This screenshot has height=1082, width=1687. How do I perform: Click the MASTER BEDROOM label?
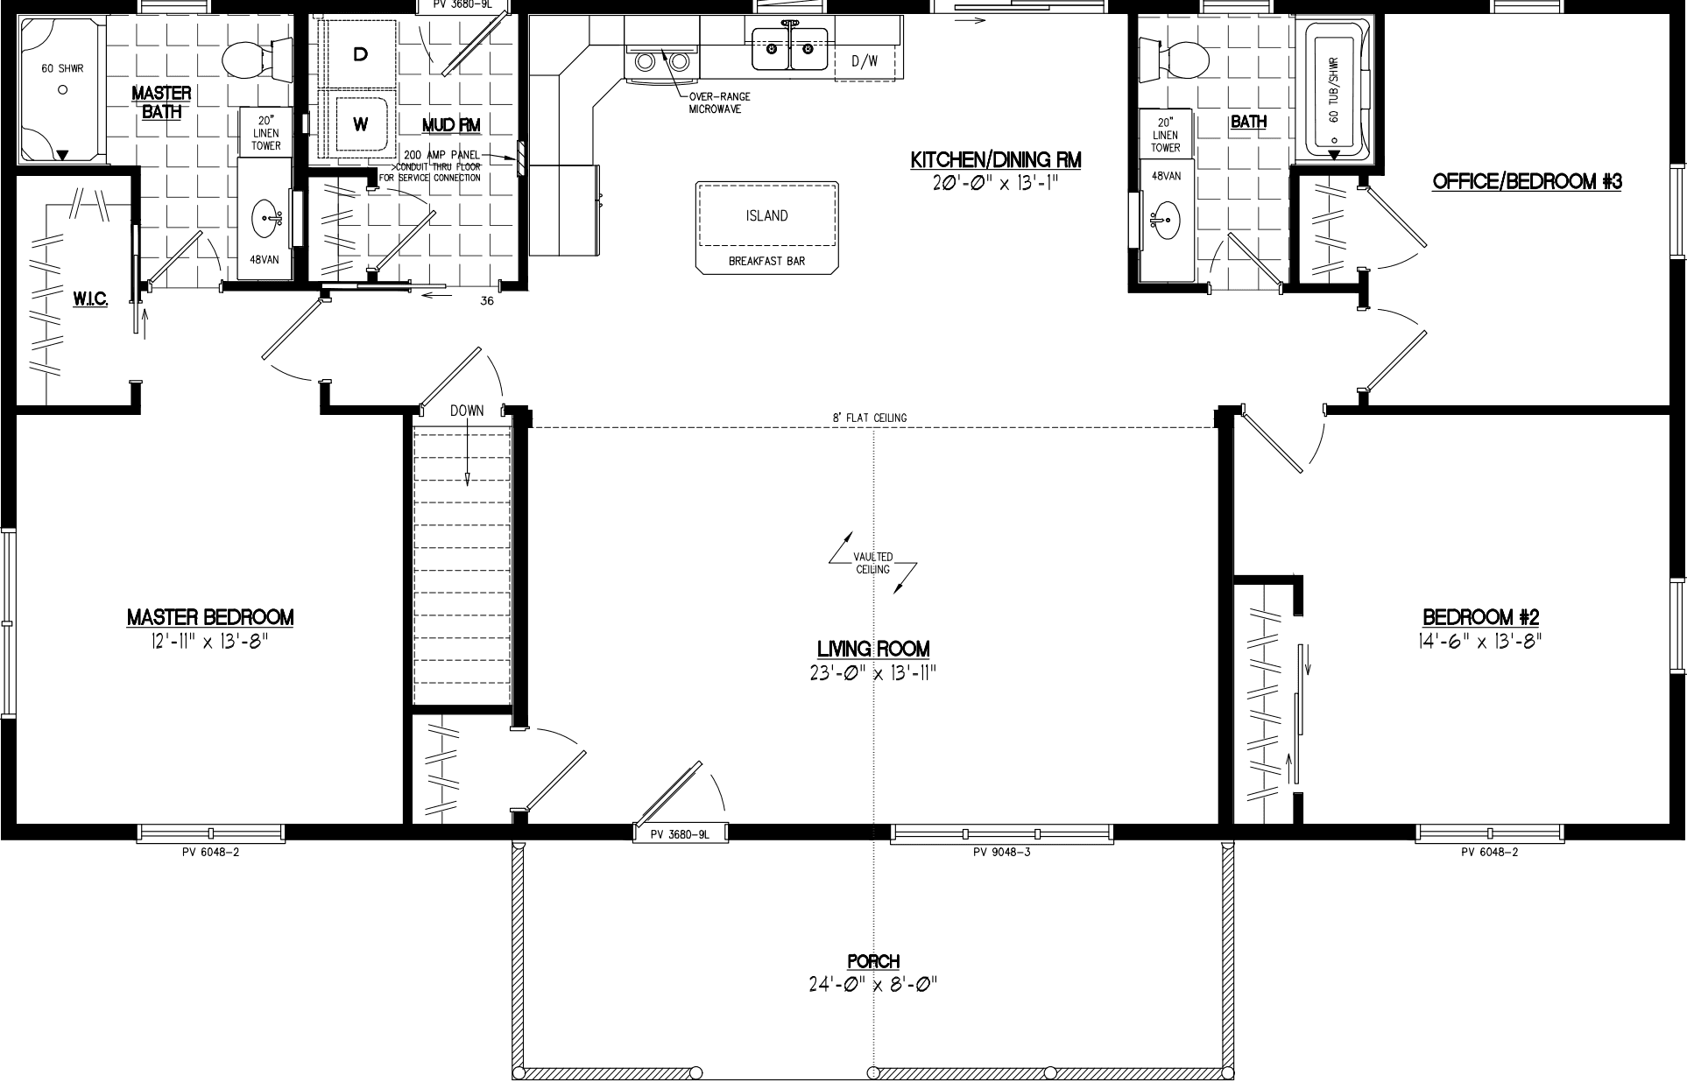(210, 617)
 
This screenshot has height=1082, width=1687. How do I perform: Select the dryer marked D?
(359, 54)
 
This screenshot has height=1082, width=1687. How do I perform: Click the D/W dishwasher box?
(864, 60)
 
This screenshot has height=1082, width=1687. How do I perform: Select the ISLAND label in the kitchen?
(766, 215)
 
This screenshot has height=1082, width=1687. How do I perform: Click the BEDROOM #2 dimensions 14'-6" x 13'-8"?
(1479, 642)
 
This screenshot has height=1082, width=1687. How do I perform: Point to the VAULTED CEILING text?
(873, 563)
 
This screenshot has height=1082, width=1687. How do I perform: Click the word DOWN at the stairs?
(467, 411)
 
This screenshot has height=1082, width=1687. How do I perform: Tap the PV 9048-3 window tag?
(1001, 852)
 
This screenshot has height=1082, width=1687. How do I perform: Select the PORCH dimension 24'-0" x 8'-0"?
(873, 985)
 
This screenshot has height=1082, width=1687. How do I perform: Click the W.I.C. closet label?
(90, 300)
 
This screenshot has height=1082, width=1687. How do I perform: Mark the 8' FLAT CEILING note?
(869, 418)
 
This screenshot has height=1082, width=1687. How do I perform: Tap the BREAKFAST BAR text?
(766, 261)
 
